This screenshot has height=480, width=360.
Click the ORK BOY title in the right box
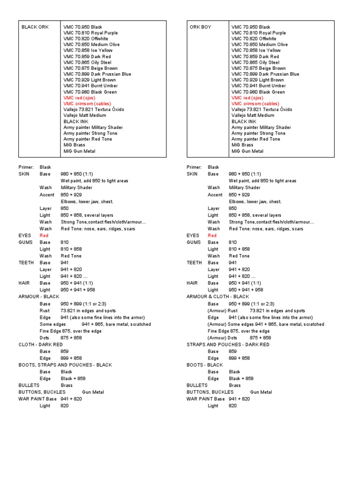click(x=200, y=27)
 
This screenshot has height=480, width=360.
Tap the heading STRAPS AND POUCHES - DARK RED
click(x=228, y=345)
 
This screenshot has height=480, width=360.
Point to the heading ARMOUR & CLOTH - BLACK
click(x=217, y=297)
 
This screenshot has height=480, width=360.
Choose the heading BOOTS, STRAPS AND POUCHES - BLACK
click(x=65, y=365)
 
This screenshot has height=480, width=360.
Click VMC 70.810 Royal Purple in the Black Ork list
click(x=90, y=33)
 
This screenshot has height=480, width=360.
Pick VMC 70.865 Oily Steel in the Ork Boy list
click(x=255, y=62)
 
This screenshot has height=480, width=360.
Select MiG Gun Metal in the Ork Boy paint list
click(x=247, y=151)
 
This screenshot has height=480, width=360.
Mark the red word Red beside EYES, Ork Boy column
click(x=212, y=235)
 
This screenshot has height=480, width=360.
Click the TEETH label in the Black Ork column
click(x=26, y=263)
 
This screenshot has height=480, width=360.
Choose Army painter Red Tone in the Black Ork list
click(x=88, y=139)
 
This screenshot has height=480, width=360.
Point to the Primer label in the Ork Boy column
click(x=194, y=167)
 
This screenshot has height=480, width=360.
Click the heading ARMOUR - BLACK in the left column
click(x=39, y=297)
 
